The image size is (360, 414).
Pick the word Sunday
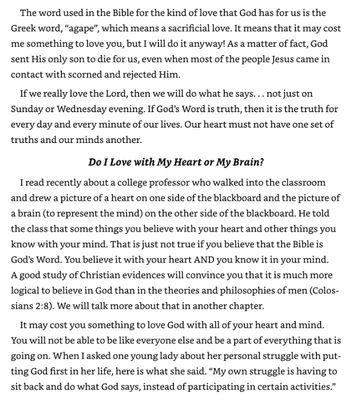26,109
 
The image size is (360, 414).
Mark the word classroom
297,183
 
